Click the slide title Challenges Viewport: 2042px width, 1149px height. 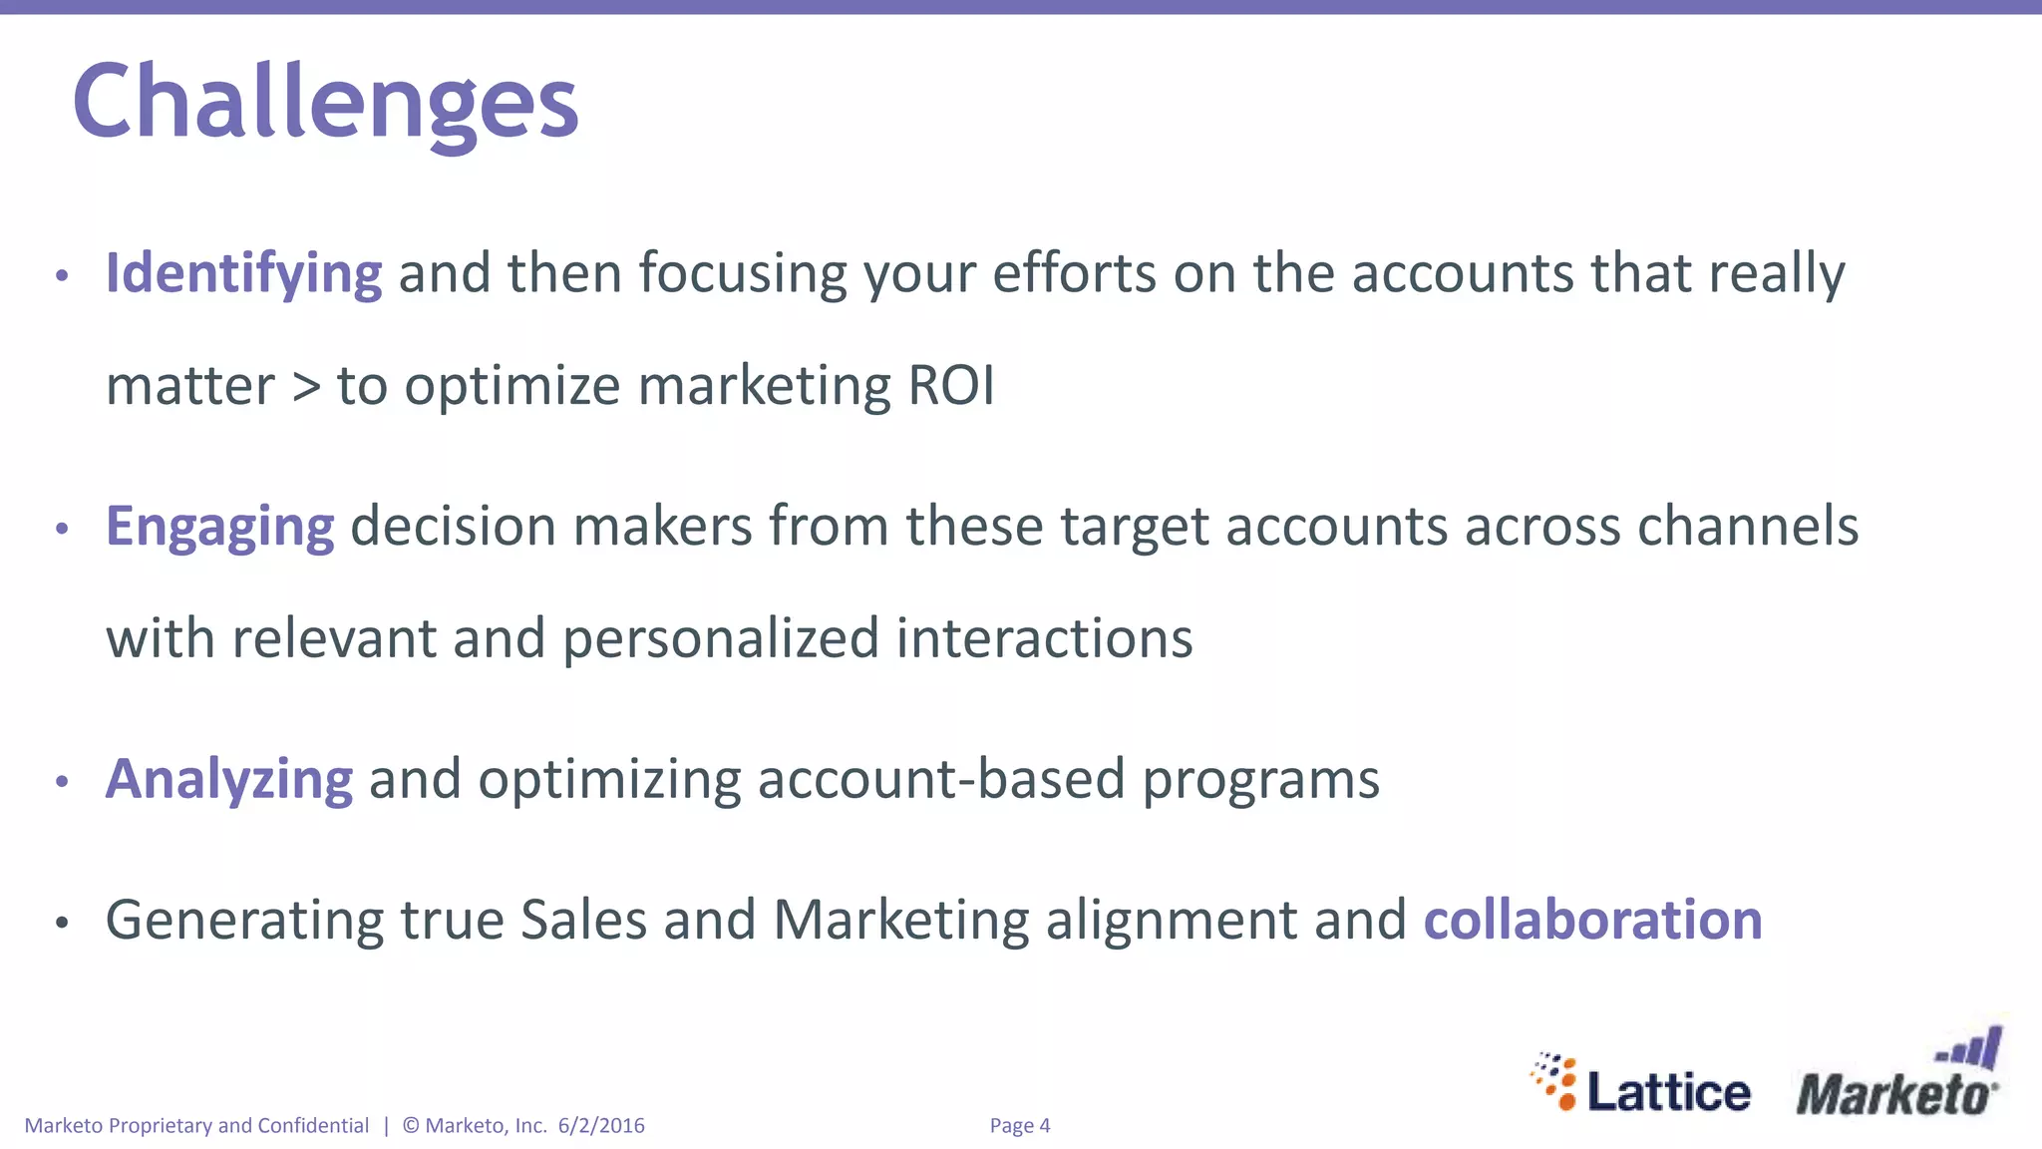point(325,103)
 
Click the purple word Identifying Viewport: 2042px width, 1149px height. point(243,273)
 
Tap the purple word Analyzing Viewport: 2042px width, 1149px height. point(229,779)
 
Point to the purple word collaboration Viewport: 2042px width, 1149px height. point(1592,920)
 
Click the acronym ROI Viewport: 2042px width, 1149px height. point(951,386)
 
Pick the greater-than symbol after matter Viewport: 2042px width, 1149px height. point(306,388)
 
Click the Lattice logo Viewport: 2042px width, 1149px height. point(1642,1084)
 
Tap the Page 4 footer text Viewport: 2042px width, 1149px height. point(1020,1126)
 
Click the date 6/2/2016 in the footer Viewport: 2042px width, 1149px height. point(601,1126)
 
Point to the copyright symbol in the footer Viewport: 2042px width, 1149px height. point(411,1126)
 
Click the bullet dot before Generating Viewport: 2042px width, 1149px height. point(62,923)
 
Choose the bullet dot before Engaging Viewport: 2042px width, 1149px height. point(62,529)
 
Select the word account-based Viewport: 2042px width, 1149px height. point(940,779)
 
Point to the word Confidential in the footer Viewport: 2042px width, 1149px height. point(313,1126)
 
